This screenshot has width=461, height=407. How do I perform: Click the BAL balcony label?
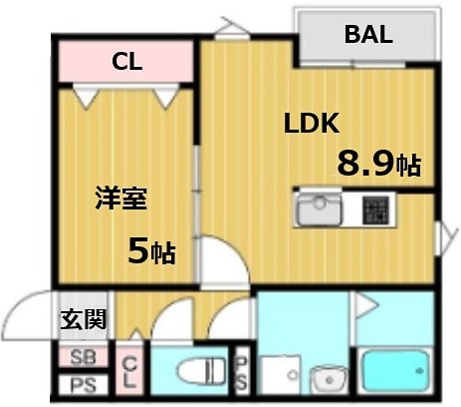pyautogui.click(x=368, y=34)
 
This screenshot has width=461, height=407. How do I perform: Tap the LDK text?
pyautogui.click(x=312, y=124)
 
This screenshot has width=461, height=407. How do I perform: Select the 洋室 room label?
pyautogui.click(x=121, y=199)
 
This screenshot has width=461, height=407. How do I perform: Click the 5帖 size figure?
pyautogui.click(x=151, y=251)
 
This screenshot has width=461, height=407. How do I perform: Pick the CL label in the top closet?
pyautogui.click(x=126, y=62)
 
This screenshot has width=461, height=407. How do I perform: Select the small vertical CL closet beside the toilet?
pyautogui.click(x=129, y=375)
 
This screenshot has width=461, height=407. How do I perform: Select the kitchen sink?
pyautogui.click(x=320, y=210)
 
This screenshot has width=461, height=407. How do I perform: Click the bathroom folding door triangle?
pyautogui.click(x=368, y=309)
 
